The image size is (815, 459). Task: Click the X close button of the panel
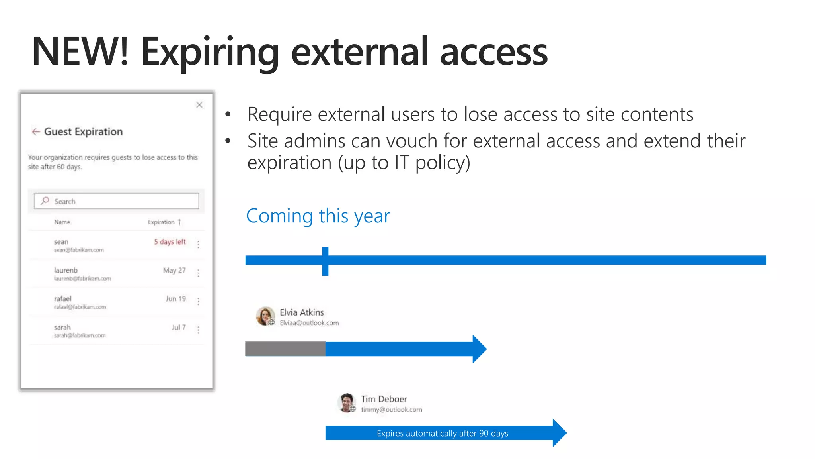click(x=199, y=105)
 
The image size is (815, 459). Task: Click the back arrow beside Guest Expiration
click(x=36, y=132)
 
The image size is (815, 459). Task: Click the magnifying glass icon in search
click(x=45, y=201)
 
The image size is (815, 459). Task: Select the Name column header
click(x=62, y=222)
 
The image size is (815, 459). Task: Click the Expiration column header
click(x=162, y=222)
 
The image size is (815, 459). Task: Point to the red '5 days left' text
click(x=170, y=242)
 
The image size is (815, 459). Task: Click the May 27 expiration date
click(x=174, y=271)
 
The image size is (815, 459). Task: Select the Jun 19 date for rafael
click(x=175, y=299)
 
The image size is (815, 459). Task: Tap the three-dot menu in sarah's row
click(x=198, y=330)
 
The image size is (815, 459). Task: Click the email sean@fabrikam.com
click(x=79, y=250)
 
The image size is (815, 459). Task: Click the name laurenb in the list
click(x=66, y=270)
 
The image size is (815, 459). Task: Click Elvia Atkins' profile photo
click(x=265, y=316)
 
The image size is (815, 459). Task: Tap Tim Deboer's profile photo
click(x=347, y=402)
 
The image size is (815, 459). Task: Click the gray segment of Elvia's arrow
click(x=285, y=349)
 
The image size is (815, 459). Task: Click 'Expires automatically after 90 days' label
click(x=442, y=433)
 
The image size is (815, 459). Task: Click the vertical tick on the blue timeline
click(x=325, y=261)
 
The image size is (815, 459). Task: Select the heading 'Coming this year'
click(x=318, y=216)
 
